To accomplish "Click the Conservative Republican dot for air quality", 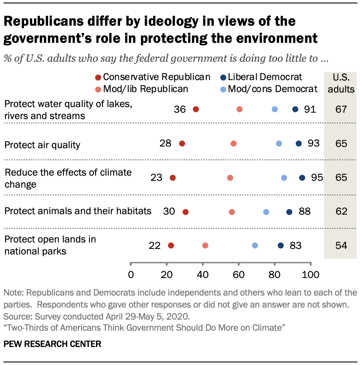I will point(182,144).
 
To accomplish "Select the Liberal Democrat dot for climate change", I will point(302,178).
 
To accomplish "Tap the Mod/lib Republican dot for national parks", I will point(205,245).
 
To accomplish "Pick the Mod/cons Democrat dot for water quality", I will point(275,109).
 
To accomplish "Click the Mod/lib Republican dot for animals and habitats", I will point(232,212).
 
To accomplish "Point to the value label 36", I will point(180,109).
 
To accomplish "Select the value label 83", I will point(296,245).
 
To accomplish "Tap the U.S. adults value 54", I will point(341,245).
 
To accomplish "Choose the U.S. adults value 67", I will point(341,109).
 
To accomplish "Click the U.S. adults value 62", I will point(341,212).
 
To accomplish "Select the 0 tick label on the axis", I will point(131,274).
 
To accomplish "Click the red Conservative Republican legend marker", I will point(98,78).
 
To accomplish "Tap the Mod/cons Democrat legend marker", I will point(223,90).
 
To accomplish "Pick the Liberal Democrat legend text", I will point(265,77).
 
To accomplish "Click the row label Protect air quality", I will point(42,145).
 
